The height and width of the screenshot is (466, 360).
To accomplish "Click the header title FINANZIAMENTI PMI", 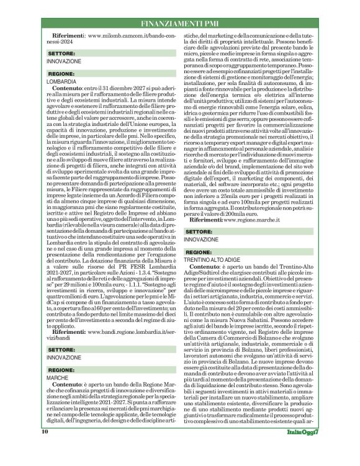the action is tap(180, 24).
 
